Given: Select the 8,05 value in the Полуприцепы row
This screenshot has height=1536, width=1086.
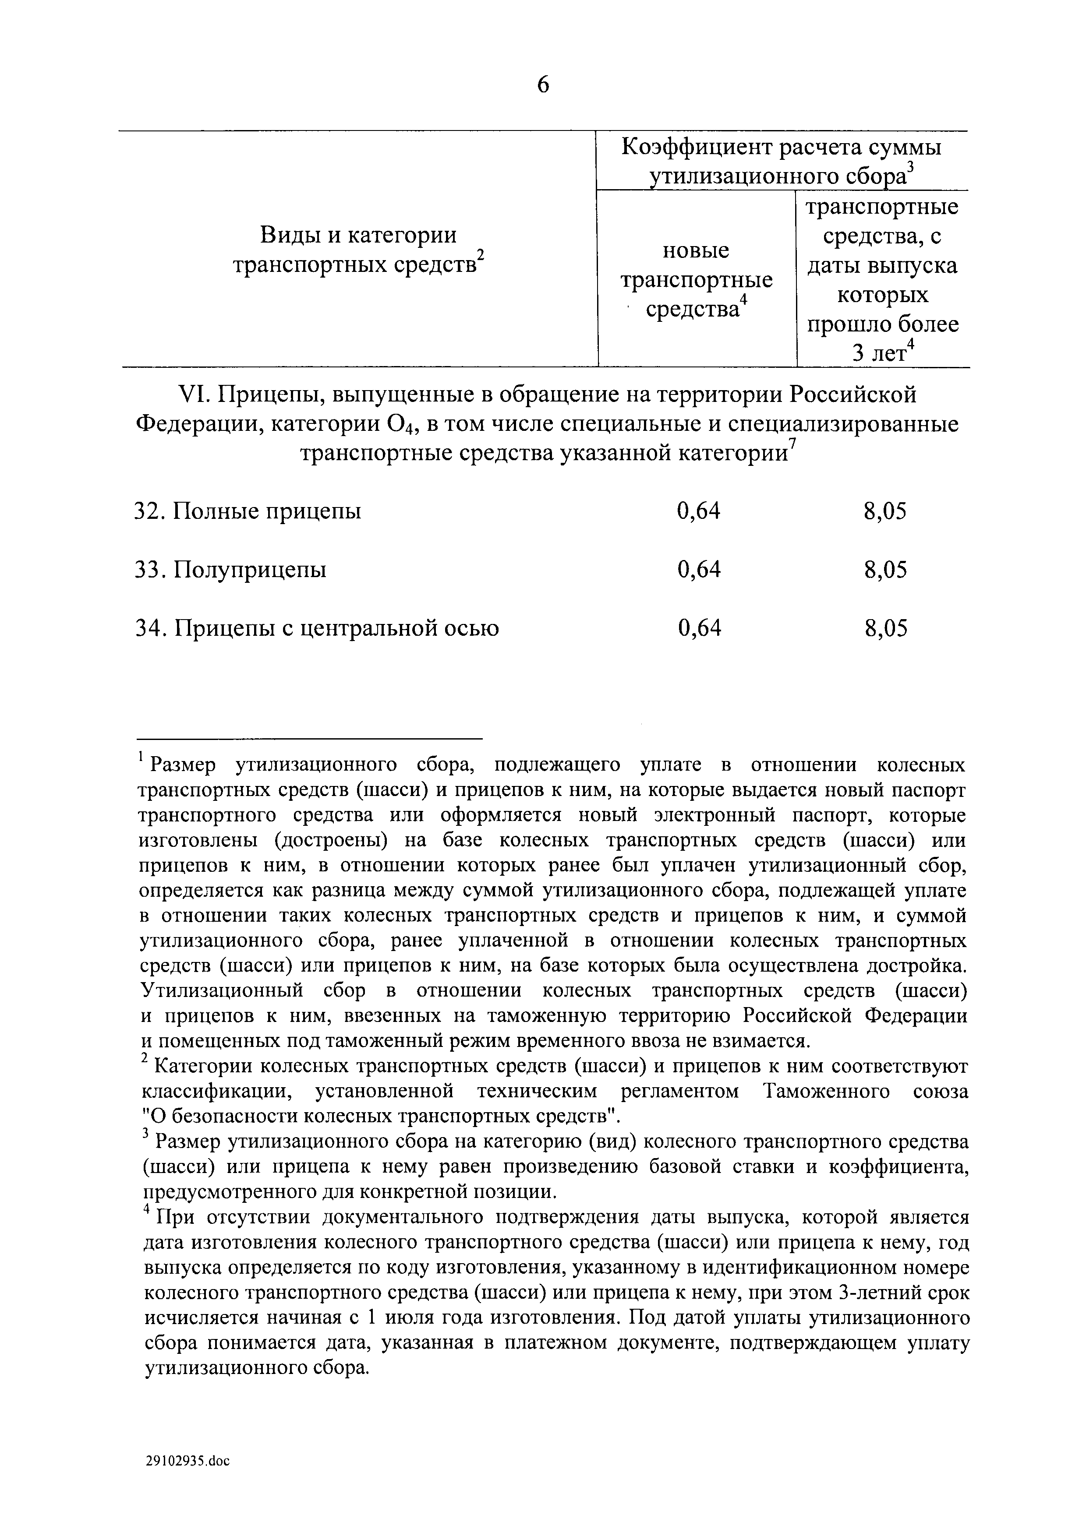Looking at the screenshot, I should [885, 570].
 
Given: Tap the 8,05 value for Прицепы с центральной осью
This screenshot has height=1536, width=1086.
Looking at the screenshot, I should [885, 629].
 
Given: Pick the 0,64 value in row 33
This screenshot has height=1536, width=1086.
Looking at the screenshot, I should [699, 570].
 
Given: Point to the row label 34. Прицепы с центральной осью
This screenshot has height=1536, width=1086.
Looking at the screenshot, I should [316, 629].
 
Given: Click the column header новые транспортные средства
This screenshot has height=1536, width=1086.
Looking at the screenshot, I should [697, 280].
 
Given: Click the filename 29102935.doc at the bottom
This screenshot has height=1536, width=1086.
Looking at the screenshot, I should [187, 1480].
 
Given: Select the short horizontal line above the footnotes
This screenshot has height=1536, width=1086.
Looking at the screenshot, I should [310, 739].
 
